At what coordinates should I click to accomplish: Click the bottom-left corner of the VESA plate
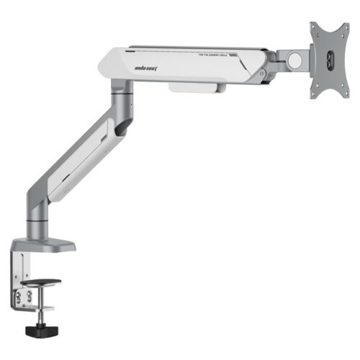tap(313, 96)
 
